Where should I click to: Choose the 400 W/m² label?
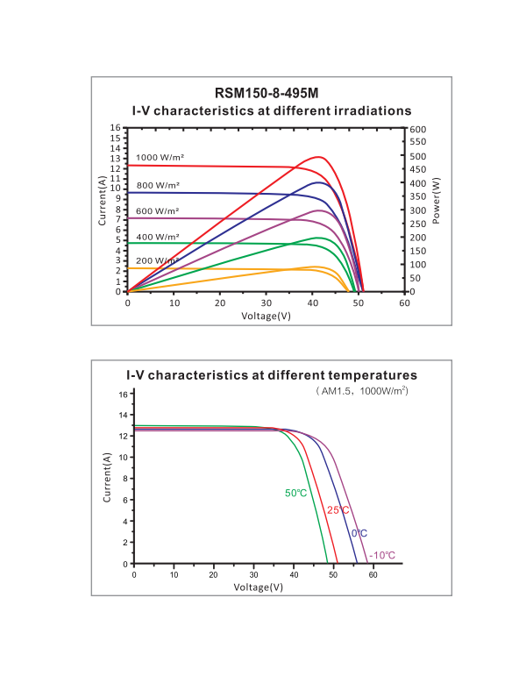click(x=158, y=237)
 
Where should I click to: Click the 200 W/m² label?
click(x=158, y=262)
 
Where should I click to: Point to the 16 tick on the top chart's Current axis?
click(x=116, y=128)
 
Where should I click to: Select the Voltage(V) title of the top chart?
click(x=266, y=315)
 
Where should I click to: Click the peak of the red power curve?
click(x=319, y=157)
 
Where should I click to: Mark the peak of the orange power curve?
click(x=316, y=267)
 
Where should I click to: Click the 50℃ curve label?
click(x=295, y=493)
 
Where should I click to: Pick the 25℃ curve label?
click(x=338, y=510)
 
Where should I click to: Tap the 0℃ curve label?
click(x=359, y=533)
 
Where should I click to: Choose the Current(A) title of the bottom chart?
click(x=107, y=478)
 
